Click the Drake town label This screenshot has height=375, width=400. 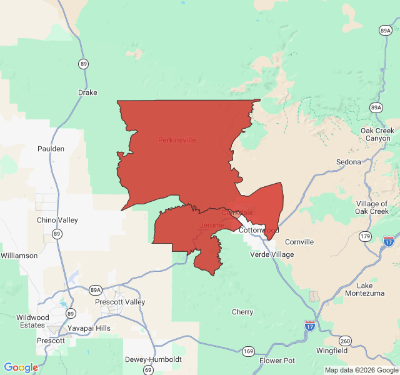pyautogui.click(x=87, y=92)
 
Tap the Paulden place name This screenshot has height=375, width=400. pyautogui.click(x=51, y=149)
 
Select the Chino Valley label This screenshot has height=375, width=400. pyautogui.click(x=57, y=220)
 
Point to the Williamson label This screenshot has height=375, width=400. pyautogui.click(x=19, y=256)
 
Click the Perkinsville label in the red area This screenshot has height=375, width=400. pyautogui.click(x=177, y=140)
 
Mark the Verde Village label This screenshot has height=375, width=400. pyautogui.click(x=272, y=254)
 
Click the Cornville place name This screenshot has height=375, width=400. pyautogui.click(x=299, y=242)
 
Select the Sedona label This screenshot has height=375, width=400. pyautogui.click(x=349, y=162)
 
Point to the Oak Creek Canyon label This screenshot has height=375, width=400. pyautogui.click(x=377, y=134)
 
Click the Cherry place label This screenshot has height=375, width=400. pyautogui.click(x=242, y=312)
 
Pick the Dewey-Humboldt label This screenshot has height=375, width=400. pyautogui.click(x=153, y=359)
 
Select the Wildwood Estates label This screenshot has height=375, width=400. pyautogui.click(x=32, y=321)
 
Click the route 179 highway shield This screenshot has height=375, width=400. pyautogui.click(x=366, y=236)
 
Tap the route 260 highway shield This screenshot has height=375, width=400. pyautogui.click(x=345, y=341)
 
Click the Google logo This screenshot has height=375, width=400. pyautogui.click(x=21, y=367)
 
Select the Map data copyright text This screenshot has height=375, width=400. pyautogui.click(x=361, y=370)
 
